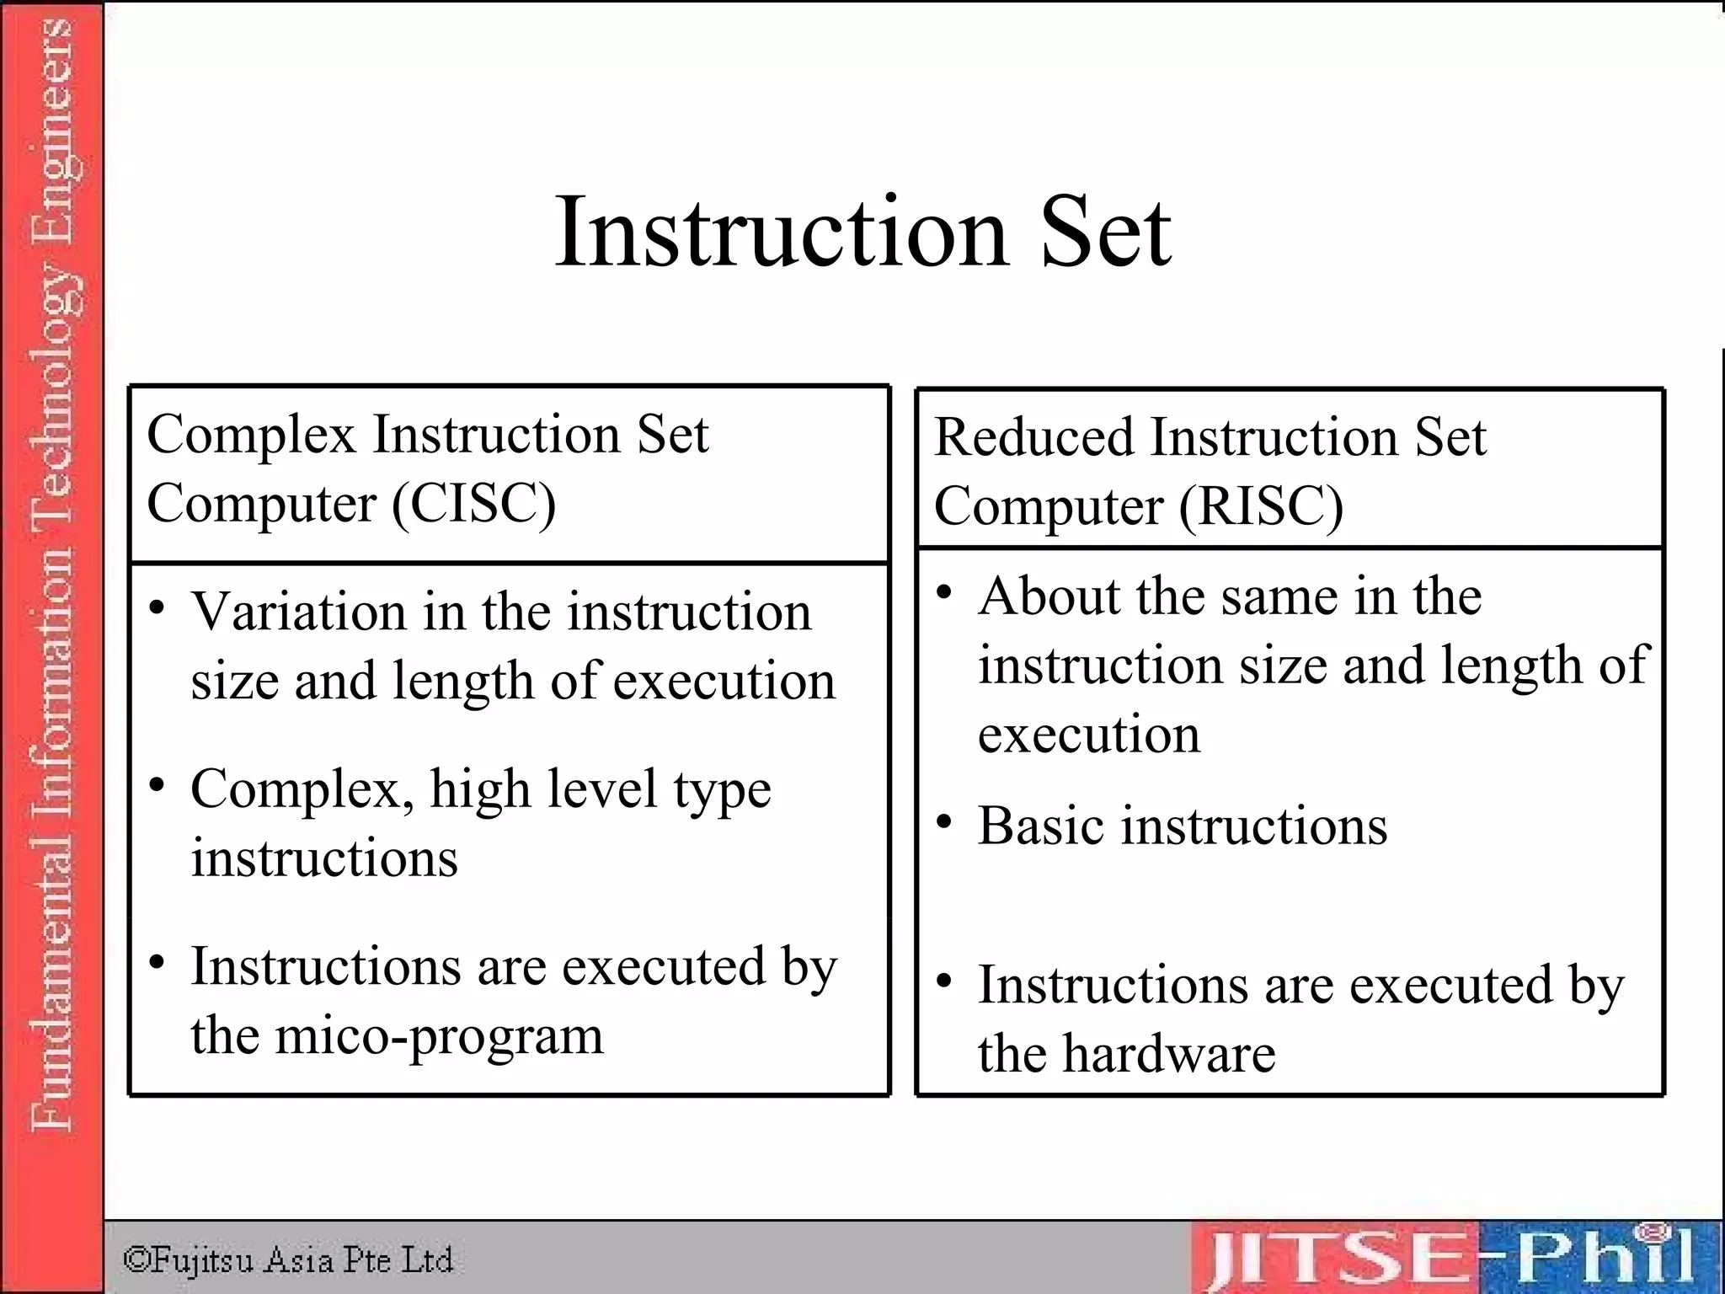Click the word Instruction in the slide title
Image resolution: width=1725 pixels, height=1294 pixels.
click(x=781, y=231)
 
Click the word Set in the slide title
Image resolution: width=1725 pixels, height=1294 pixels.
click(x=1105, y=231)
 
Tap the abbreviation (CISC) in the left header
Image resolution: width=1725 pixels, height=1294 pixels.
click(x=474, y=504)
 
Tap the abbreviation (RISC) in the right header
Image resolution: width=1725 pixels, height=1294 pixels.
click(x=1261, y=507)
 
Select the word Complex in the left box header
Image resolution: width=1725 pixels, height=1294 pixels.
click(x=251, y=436)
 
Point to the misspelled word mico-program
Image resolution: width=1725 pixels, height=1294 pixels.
click(x=439, y=1036)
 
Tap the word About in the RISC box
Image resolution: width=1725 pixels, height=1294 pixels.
click(x=1048, y=596)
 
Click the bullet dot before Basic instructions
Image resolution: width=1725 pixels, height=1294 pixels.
click(x=944, y=821)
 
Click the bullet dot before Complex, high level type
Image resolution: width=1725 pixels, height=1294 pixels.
click(x=157, y=785)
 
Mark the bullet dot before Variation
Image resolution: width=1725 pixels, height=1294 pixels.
click(x=157, y=607)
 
